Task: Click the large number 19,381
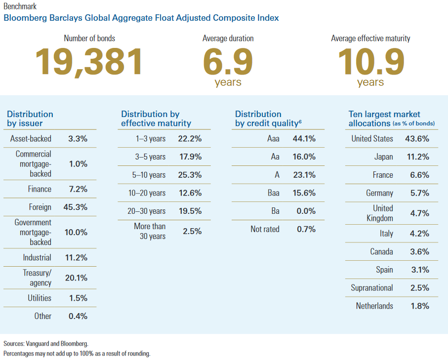click(89, 62)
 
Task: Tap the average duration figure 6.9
click(228, 62)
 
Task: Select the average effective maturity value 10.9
click(370, 62)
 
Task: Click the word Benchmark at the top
click(20, 7)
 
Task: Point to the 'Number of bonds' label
click(89, 38)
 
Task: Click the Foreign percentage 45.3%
click(76, 207)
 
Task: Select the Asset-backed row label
click(31, 139)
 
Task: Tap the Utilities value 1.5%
click(78, 298)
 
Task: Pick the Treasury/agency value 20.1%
click(76, 278)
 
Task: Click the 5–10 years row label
click(149, 174)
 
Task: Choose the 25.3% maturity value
click(190, 174)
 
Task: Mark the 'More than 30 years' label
click(150, 231)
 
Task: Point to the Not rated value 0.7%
click(306, 229)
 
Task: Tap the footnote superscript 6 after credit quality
click(300, 120)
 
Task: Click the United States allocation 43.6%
click(417, 139)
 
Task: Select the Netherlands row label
click(374, 306)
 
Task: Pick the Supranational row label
click(372, 287)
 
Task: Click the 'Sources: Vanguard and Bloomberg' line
click(46, 343)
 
